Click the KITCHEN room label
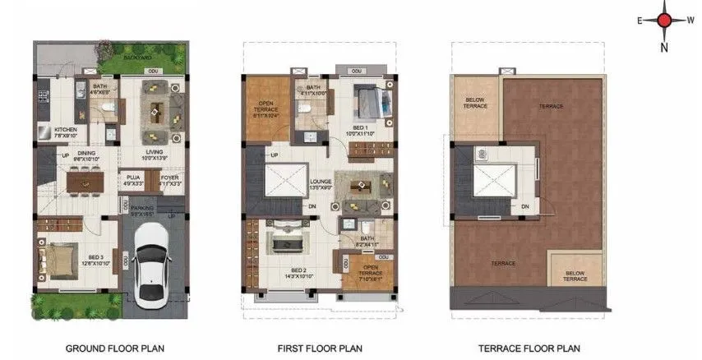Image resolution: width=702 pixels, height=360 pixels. [x=65, y=132]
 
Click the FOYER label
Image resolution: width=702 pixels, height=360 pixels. [x=169, y=178]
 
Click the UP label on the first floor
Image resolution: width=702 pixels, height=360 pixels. [x=274, y=155]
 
